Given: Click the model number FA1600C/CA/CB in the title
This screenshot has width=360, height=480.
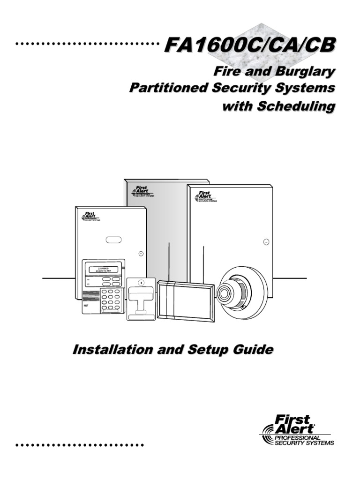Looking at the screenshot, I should coord(250,46).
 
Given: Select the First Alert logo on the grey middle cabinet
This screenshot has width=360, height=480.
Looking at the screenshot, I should coord(141,191).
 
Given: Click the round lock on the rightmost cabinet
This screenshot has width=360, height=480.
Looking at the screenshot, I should coord(266,242).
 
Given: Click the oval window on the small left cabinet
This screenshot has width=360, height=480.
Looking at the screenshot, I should coord(113,240).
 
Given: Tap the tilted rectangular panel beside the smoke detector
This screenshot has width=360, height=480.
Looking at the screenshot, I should coord(187,301).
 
